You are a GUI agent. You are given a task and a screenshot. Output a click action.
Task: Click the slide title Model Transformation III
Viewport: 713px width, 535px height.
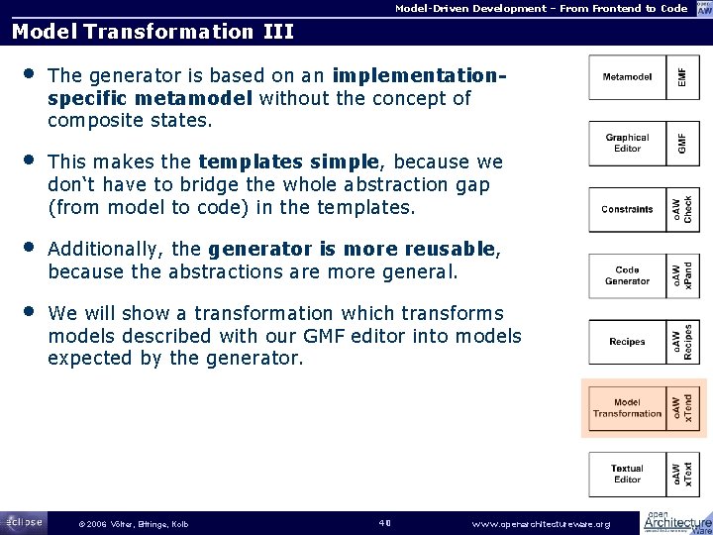pyautogui.click(x=153, y=31)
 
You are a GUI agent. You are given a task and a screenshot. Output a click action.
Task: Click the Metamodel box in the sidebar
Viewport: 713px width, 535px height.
pyautogui.click(x=627, y=76)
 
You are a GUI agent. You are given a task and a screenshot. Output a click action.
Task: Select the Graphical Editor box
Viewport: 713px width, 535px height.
pyautogui.click(x=627, y=144)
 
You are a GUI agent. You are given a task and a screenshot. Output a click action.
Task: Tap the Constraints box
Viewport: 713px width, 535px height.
pyautogui.click(x=627, y=209)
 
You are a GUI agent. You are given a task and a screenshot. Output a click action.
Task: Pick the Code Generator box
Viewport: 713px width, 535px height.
pyautogui.click(x=627, y=274)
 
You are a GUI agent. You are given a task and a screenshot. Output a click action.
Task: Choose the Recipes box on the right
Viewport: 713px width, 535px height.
pyautogui.click(x=627, y=342)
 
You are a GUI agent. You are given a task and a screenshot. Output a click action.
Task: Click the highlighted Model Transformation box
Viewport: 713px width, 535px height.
pyautogui.click(x=627, y=407)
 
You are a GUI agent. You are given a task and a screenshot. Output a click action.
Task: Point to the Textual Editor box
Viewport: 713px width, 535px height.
pyautogui.click(x=627, y=474)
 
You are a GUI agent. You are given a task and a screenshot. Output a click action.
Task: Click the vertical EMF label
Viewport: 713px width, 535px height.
pyautogui.click(x=680, y=76)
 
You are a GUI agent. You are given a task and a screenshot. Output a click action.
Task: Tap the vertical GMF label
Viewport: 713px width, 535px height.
pyautogui.click(x=680, y=144)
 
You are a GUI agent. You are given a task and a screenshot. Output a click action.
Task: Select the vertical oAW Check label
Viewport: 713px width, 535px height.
pyautogui.click(x=681, y=209)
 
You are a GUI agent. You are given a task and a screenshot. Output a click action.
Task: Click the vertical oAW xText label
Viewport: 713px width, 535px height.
pyautogui.click(x=681, y=474)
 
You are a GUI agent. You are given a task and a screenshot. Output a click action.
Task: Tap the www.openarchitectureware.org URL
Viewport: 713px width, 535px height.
pyautogui.click(x=542, y=523)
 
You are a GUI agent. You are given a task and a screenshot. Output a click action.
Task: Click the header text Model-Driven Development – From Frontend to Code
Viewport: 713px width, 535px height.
pyautogui.click(x=541, y=8)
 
